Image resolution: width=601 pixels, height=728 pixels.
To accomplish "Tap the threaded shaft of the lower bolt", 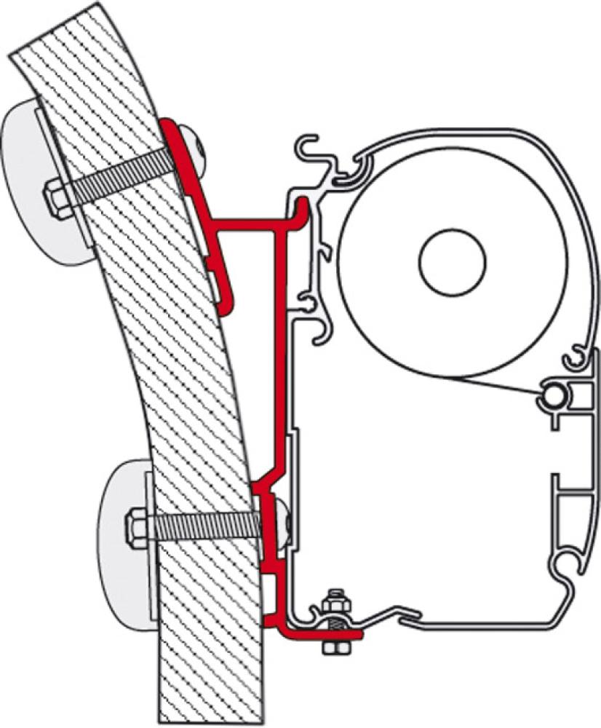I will click(204, 524).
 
